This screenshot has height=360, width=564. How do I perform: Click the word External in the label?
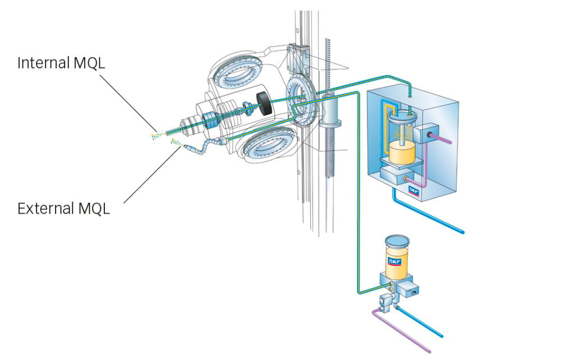(44, 209)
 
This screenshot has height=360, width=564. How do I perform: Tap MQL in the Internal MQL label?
(89, 63)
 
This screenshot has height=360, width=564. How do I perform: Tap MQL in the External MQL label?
(92, 209)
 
